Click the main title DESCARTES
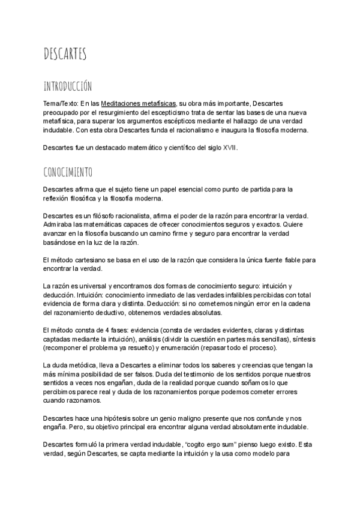point(65,54)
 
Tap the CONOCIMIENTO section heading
point(68,173)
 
